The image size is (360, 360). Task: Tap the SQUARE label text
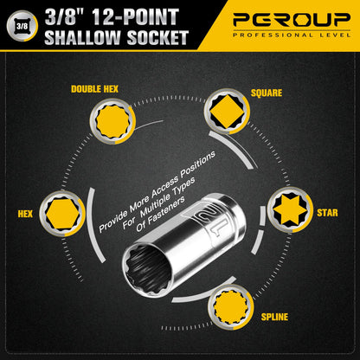[x=266, y=92]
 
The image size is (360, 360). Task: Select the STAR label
[x=327, y=212]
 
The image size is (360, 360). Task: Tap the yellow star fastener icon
[x=290, y=210]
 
